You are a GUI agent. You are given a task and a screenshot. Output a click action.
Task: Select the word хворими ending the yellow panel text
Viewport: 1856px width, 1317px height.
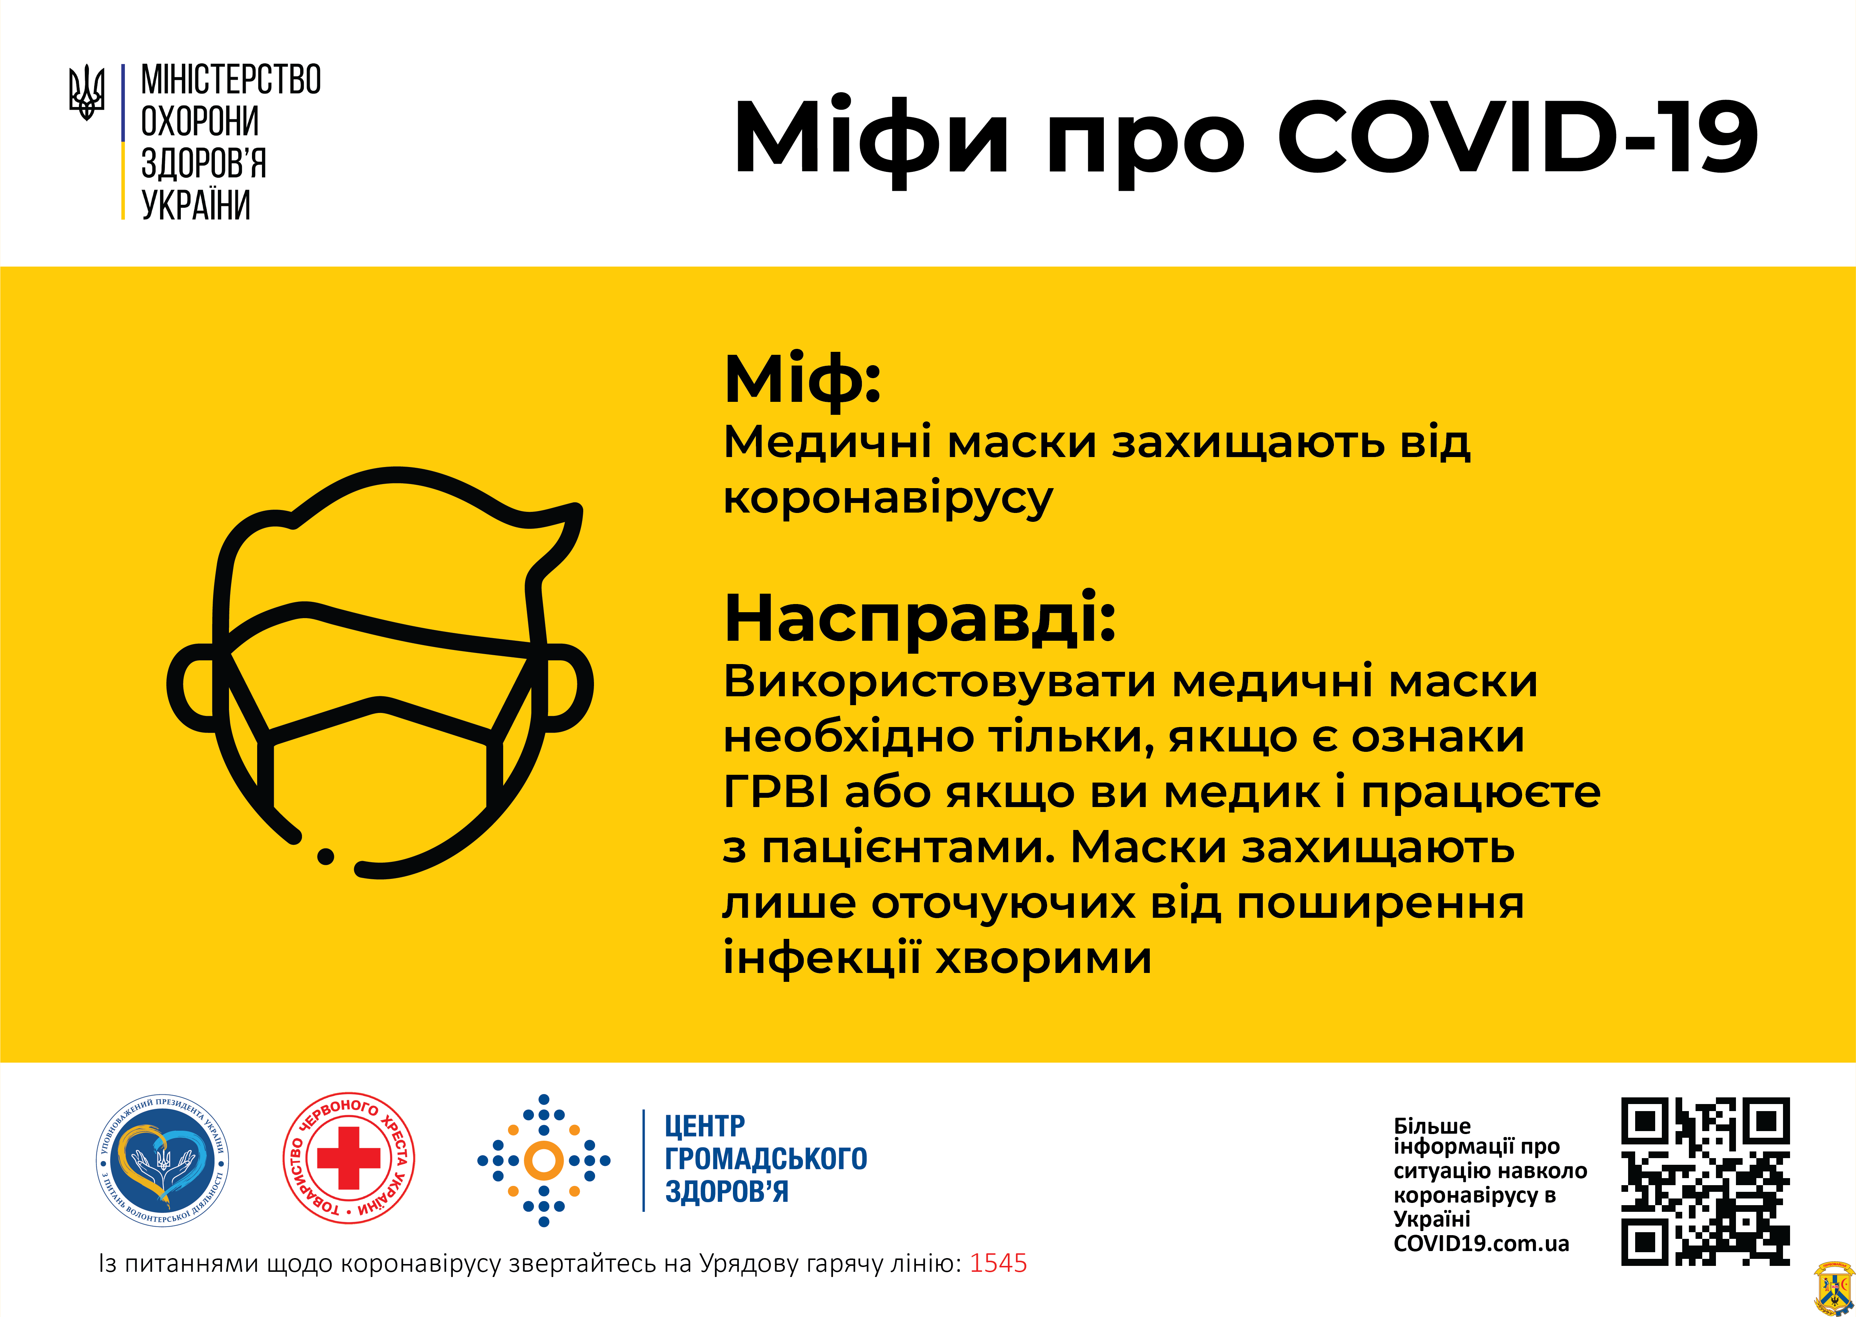click(1044, 958)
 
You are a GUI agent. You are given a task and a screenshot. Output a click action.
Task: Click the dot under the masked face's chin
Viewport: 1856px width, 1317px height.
click(325, 856)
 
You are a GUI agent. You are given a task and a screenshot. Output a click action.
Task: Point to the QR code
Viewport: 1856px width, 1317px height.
click(1705, 1181)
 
